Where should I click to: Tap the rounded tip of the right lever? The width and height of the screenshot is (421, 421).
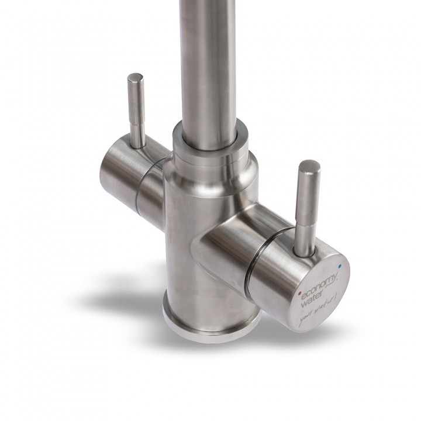(x=309, y=167)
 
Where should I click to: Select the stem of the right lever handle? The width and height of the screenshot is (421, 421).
(x=307, y=210)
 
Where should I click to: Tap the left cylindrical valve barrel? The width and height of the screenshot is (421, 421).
(x=120, y=167)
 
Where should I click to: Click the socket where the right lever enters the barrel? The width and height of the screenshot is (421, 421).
(x=304, y=249)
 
